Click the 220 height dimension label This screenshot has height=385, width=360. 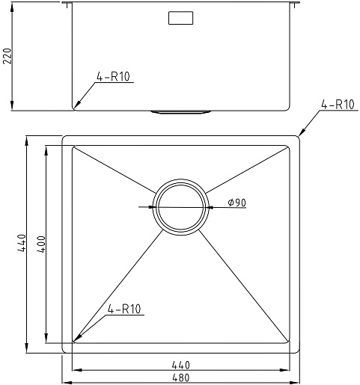coord(7,56)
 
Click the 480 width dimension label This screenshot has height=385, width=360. coord(181,378)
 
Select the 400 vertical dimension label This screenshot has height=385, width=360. coord(41,244)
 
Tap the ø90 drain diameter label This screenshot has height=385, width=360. coord(237,203)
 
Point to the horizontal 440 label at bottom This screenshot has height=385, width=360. coord(181,365)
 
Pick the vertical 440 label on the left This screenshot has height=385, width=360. coord(22,243)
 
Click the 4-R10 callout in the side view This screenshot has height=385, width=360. coord(113,76)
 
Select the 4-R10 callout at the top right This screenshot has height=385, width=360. coord(338,104)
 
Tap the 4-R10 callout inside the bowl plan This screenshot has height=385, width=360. coord(124,309)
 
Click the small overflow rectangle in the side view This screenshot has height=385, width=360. coord(180,18)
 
